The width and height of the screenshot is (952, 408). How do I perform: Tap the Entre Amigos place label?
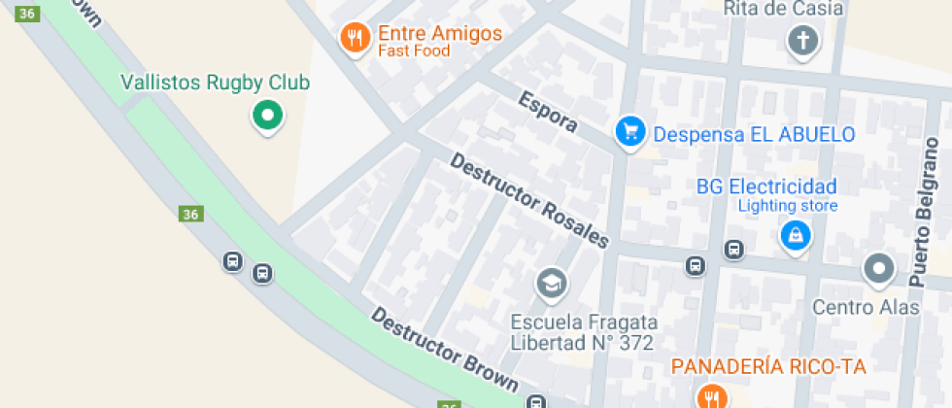tap(440, 33)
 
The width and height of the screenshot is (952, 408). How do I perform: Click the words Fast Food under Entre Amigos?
tap(414, 51)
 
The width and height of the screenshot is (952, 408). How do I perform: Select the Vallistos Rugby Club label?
tap(215, 83)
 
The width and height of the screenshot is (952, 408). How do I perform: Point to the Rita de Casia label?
tap(783, 9)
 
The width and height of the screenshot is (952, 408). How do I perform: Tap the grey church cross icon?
tap(802, 41)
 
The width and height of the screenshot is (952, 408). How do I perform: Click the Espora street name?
tap(547, 113)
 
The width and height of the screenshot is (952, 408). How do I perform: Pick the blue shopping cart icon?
tap(629, 132)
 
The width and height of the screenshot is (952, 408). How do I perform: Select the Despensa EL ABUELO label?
tap(754, 134)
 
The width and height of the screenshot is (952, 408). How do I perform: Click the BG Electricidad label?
tap(766, 187)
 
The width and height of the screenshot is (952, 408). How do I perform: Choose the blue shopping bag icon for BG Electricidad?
tap(796, 235)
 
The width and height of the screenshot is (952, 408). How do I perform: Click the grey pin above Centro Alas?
tap(879, 269)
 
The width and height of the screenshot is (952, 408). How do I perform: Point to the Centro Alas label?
tap(866, 307)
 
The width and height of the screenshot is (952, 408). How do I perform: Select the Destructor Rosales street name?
tap(529, 200)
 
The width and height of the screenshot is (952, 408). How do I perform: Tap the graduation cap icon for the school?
tap(552, 284)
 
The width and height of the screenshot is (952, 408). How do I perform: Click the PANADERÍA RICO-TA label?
tap(768, 366)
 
